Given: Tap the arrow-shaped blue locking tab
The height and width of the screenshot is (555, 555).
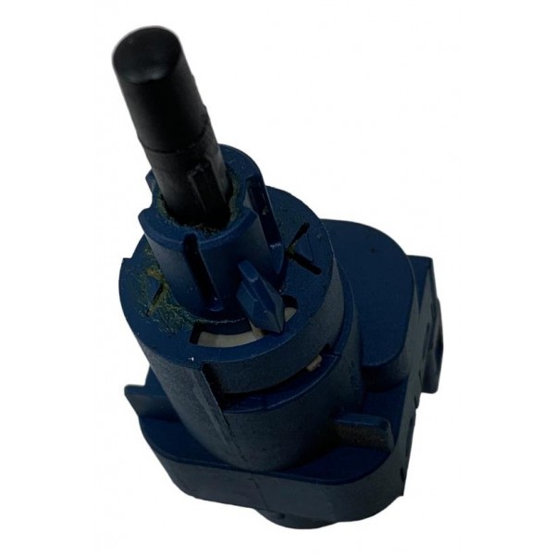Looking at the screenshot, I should pos(262,294).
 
